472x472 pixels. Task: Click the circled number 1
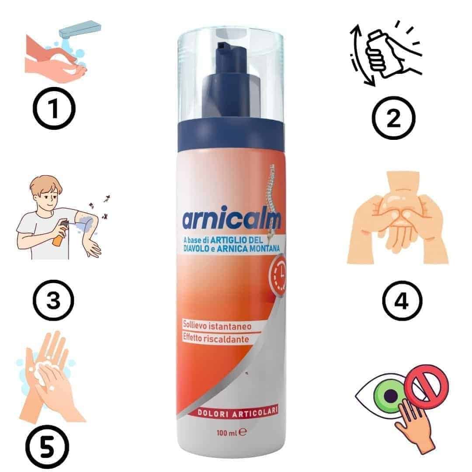(54, 108)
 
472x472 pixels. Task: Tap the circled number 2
(393, 118)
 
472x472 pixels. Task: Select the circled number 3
(53, 300)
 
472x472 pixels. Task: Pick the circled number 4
(402, 300)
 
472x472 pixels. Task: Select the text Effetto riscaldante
(216, 339)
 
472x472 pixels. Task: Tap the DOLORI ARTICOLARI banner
(237, 413)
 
